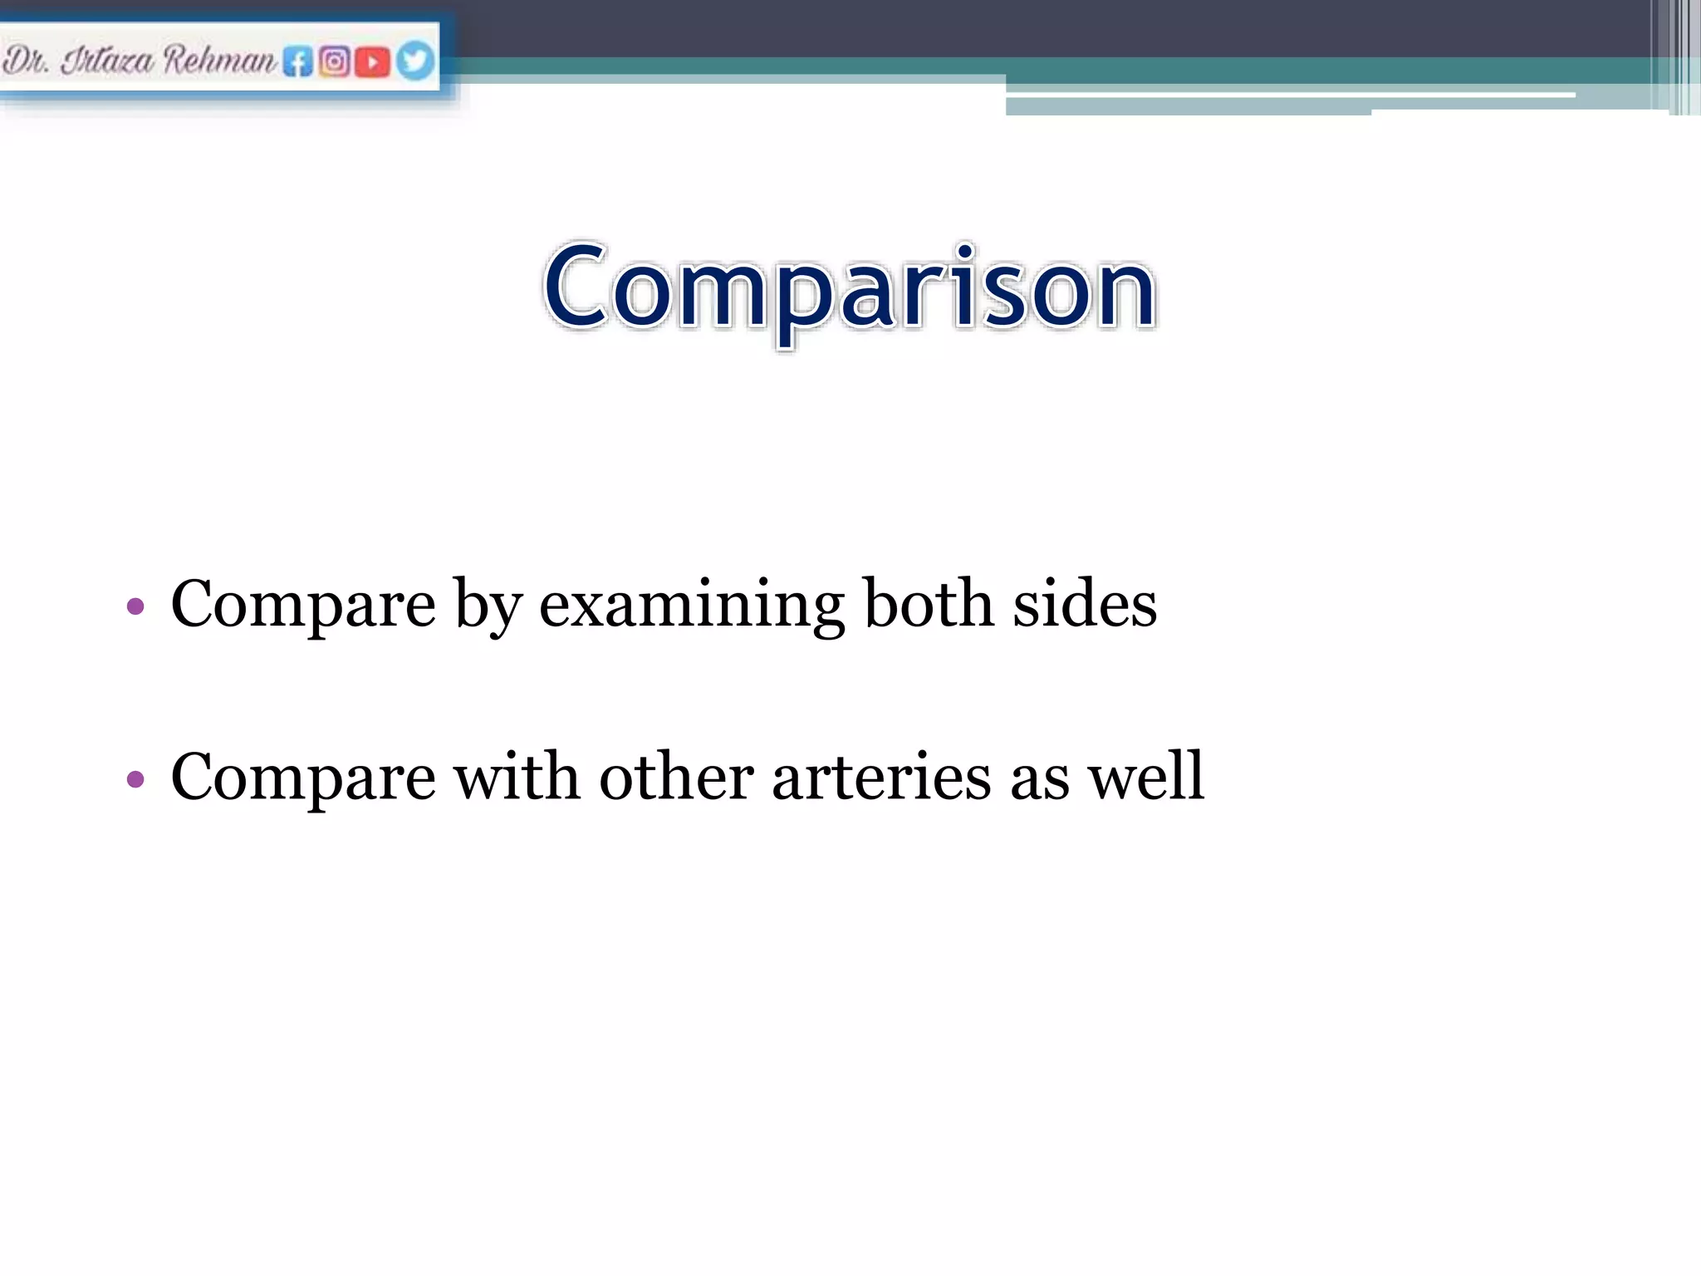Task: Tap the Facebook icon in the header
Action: [297, 61]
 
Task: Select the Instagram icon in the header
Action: [334, 61]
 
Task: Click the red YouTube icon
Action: [372, 61]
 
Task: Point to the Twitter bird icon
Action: [414, 61]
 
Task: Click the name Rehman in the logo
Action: [219, 60]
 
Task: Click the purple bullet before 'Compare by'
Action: [135, 606]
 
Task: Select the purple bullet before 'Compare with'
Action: [135, 779]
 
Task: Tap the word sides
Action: [1084, 604]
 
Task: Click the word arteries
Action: [880, 778]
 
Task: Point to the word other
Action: [676, 778]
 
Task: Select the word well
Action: [1145, 776]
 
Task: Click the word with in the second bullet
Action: [517, 778]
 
